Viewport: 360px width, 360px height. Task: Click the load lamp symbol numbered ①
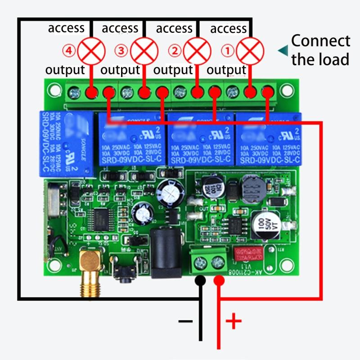click(x=250, y=51)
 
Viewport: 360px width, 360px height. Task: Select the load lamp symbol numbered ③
click(x=144, y=51)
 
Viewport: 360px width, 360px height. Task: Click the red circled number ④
click(x=69, y=51)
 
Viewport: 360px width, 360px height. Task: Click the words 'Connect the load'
click(x=320, y=50)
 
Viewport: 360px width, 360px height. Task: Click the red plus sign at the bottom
click(x=233, y=321)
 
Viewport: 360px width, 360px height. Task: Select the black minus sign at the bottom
click(x=185, y=321)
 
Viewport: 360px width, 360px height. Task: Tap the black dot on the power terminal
click(x=200, y=281)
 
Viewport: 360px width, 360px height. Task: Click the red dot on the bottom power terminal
click(x=219, y=281)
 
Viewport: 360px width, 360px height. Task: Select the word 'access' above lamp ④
click(x=66, y=28)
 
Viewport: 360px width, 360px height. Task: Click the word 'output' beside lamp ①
click(x=226, y=70)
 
